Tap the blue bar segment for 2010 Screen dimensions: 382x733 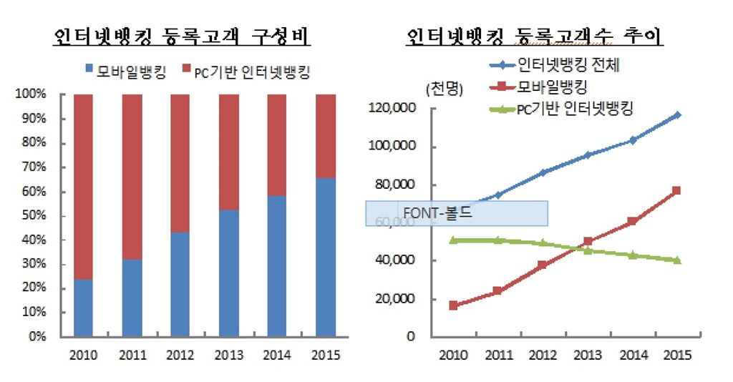point(83,307)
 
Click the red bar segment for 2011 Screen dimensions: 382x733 point(132,176)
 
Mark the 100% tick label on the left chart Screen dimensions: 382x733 point(31,94)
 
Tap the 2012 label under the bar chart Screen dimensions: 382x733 point(180,355)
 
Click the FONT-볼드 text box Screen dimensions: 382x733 point(457,213)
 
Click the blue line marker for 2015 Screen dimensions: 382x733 point(676,114)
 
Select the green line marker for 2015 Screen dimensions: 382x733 point(676,260)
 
